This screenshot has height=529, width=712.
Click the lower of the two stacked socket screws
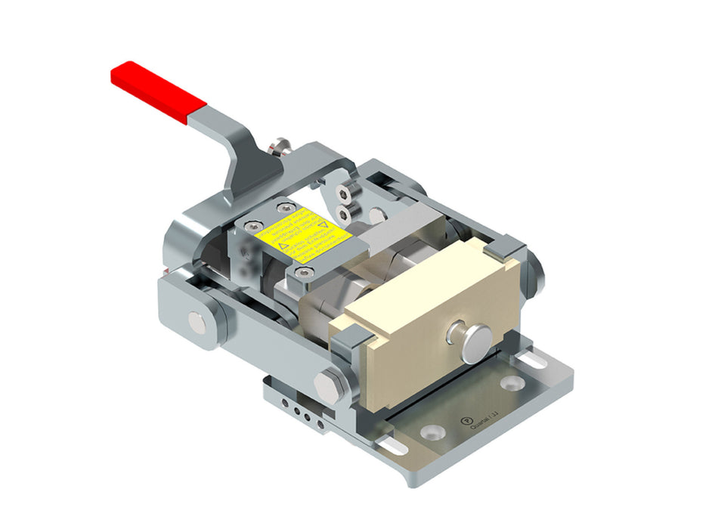[x=345, y=214]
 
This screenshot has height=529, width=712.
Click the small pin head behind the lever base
[x=280, y=144]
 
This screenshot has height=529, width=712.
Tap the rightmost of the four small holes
[x=320, y=424]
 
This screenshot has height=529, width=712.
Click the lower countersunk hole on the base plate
[x=432, y=432]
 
